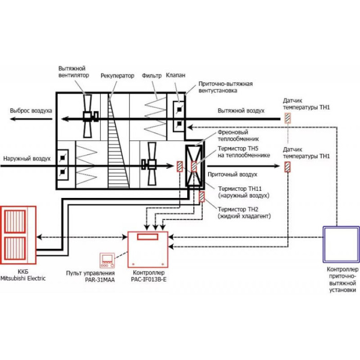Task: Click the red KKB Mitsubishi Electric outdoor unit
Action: [x=18, y=235]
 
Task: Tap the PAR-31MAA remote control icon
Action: [x=107, y=260]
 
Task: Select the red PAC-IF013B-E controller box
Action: [x=148, y=249]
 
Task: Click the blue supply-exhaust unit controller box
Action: [x=341, y=244]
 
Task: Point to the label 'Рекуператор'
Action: [x=117, y=76]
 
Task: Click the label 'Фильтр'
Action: [x=152, y=76]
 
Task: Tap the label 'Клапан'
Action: [x=176, y=75]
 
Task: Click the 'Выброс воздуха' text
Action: [x=31, y=111]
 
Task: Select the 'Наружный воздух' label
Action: [x=27, y=158]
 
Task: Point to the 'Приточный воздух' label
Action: [x=232, y=174]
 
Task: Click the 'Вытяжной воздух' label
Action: [x=241, y=111]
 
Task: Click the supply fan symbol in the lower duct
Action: [x=150, y=164]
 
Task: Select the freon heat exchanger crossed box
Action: [x=194, y=166]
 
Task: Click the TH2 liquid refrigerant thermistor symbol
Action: [x=202, y=197]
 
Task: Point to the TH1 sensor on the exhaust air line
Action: [x=287, y=118]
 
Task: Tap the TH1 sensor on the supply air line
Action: [x=287, y=167]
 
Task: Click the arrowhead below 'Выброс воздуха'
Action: [x=13, y=119]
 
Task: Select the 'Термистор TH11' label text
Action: [x=240, y=189]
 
